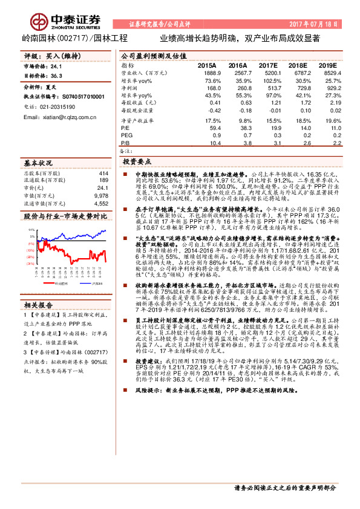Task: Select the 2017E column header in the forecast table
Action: (x=268, y=65)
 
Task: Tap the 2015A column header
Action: (x=207, y=65)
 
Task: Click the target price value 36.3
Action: (x=57, y=76)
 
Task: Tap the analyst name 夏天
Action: (x=51, y=88)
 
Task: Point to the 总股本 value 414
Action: (x=103, y=173)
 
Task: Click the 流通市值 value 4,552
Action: (x=100, y=204)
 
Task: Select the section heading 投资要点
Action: (x=137, y=163)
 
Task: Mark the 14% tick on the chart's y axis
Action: (x=31, y=230)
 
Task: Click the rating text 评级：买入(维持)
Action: (x=52, y=55)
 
